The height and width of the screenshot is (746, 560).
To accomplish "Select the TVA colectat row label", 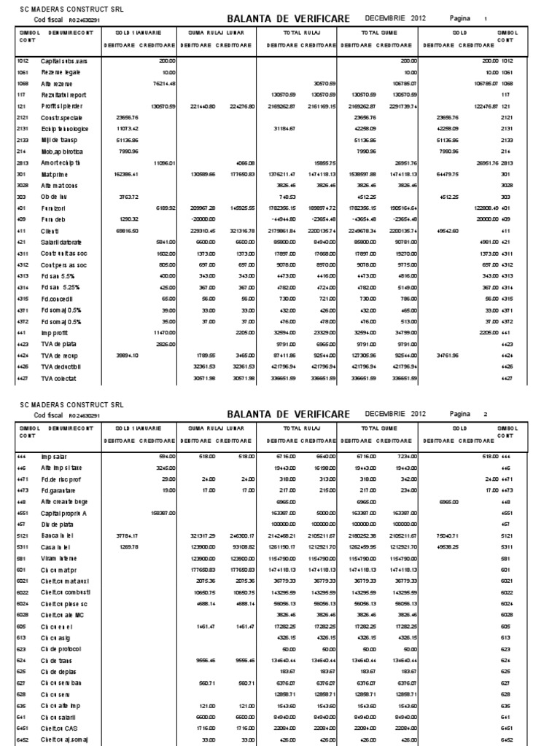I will tap(59, 378).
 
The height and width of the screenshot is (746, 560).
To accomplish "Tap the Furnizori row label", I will tap(55, 208).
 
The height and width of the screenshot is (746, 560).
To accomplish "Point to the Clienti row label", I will tap(51, 229).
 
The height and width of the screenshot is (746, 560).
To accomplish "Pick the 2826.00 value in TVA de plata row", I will tap(166, 342).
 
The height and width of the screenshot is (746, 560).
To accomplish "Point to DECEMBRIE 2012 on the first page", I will tap(394, 17).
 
